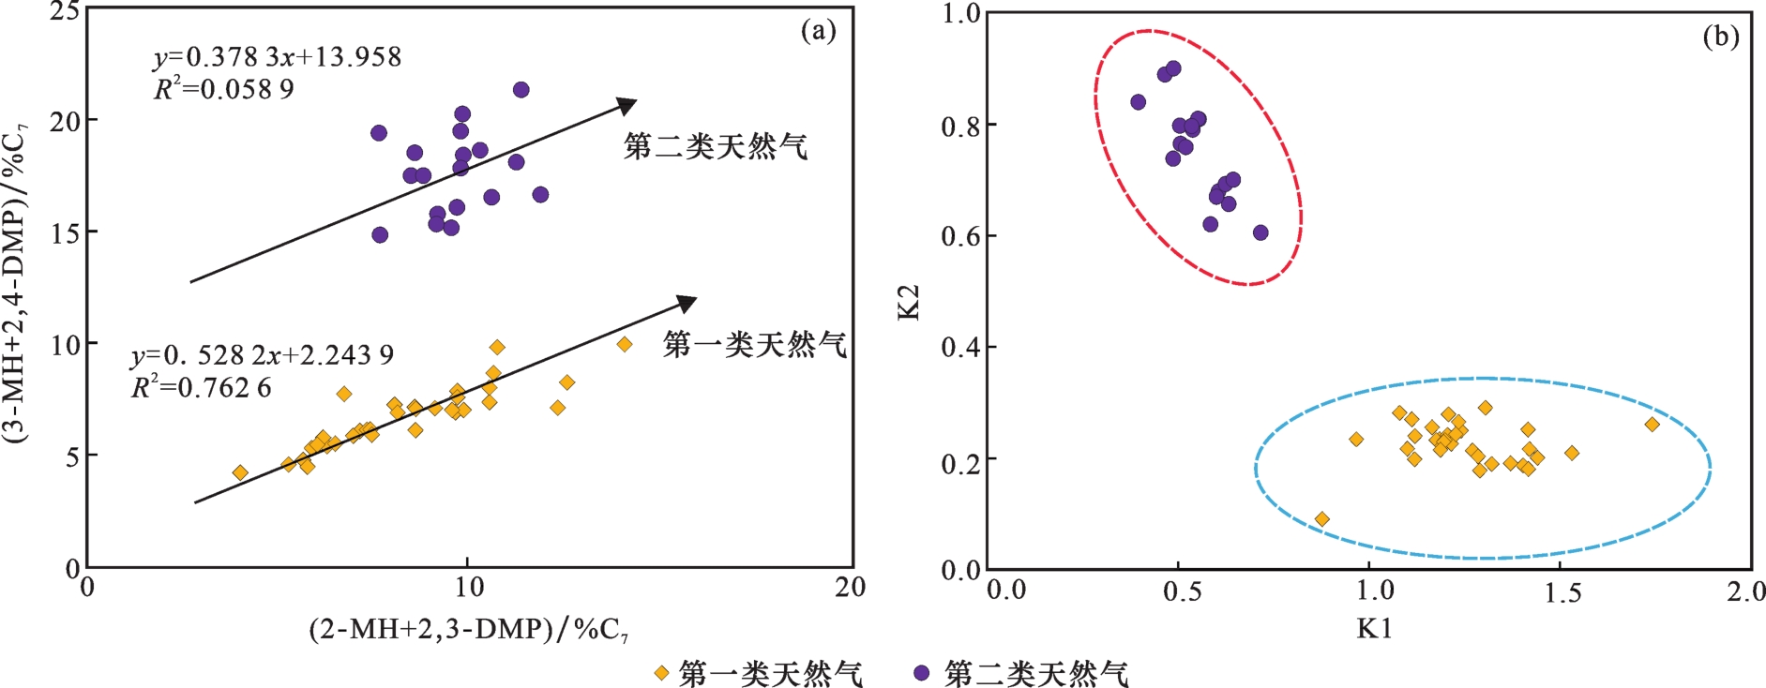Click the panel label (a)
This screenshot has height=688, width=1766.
click(x=818, y=31)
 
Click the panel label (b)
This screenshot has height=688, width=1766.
click(x=1720, y=37)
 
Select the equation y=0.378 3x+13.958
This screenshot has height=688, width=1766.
click(x=278, y=57)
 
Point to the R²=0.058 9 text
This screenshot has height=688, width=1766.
click(x=224, y=89)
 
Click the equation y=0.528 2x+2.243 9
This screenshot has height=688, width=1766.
click(x=263, y=355)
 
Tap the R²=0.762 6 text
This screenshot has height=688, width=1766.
click(x=202, y=387)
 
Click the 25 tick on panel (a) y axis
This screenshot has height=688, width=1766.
click(x=64, y=12)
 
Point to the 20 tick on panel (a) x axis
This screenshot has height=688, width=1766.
click(x=851, y=588)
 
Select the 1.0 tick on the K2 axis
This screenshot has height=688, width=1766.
click(x=960, y=13)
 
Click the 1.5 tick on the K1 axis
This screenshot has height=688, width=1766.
click(x=1562, y=592)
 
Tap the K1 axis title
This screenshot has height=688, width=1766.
click(x=1374, y=629)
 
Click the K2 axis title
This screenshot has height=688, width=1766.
click(x=909, y=302)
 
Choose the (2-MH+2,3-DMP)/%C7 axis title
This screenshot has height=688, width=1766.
click(x=469, y=629)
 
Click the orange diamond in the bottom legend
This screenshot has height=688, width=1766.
click(x=661, y=673)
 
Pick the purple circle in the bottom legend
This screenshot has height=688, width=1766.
click(x=922, y=673)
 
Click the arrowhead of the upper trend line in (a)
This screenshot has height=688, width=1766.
click(x=626, y=104)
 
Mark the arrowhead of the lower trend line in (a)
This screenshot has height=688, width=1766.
click(x=687, y=302)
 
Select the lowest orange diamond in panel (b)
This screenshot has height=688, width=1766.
click(x=1322, y=519)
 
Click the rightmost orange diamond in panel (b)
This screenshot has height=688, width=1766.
click(x=1653, y=425)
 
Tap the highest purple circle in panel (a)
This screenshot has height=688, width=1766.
click(x=521, y=90)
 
